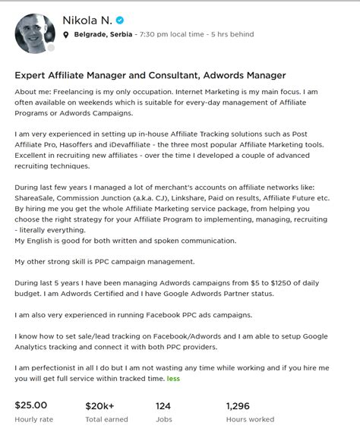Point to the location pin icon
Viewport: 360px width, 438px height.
[67, 35]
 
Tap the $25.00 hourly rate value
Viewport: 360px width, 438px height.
[31, 405]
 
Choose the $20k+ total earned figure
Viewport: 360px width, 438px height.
[101, 405]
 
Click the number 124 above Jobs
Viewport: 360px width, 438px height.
[163, 405]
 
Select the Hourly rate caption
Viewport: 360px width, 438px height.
[33, 419]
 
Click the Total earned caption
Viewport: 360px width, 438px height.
[106, 419]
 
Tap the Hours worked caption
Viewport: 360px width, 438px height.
[251, 419]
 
